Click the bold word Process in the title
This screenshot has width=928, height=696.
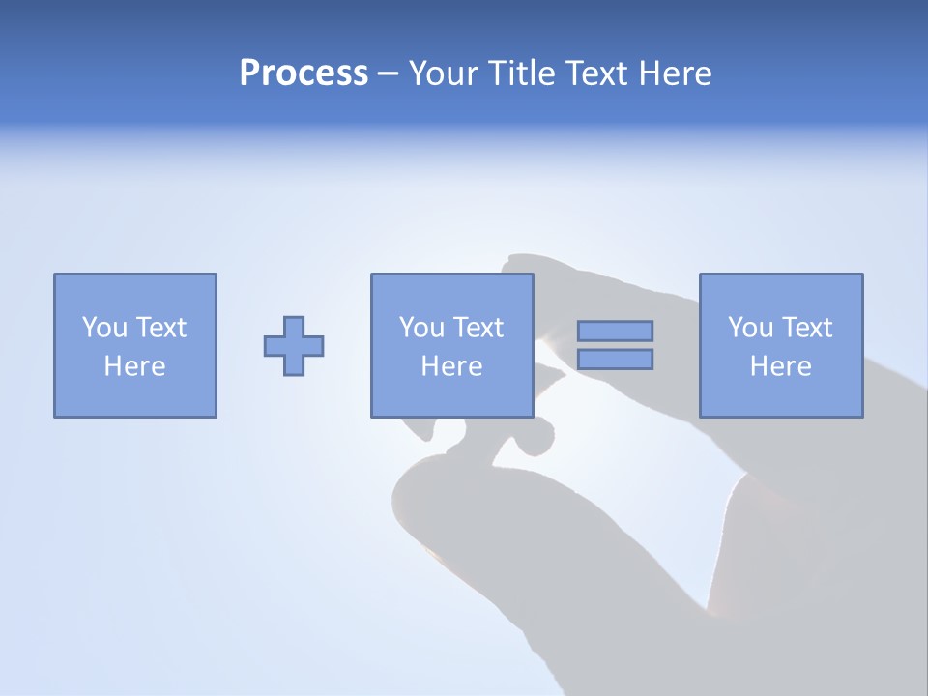(x=304, y=73)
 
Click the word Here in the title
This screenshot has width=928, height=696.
(x=676, y=73)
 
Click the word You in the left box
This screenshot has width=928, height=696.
(x=104, y=328)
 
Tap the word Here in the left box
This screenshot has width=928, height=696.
(x=134, y=366)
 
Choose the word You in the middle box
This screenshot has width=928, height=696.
(x=421, y=328)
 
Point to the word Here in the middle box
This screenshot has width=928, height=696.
(x=451, y=366)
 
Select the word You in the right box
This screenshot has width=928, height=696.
(x=750, y=328)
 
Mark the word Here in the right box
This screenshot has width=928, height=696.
(x=780, y=366)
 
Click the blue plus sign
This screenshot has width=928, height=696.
(x=294, y=345)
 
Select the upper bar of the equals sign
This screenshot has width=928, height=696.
(x=615, y=331)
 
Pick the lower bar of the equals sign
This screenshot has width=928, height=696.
(x=615, y=360)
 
